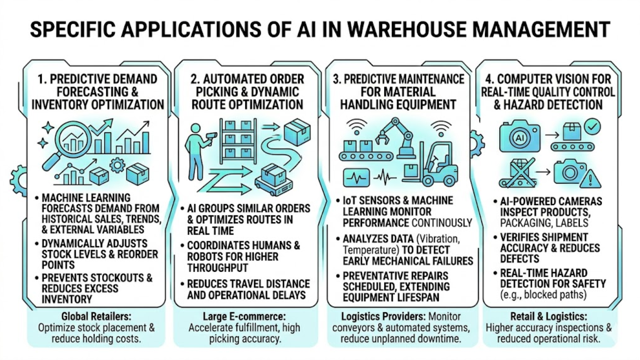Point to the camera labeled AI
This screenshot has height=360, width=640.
[x=520, y=137]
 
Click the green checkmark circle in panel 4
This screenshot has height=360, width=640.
[x=592, y=127]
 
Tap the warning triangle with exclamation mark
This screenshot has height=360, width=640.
[x=590, y=179]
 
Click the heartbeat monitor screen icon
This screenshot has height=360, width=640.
[x=356, y=177]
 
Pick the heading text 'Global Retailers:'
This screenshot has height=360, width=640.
[x=96, y=316]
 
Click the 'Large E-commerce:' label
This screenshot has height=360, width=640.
[x=244, y=316]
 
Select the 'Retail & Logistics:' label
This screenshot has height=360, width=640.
[x=549, y=316]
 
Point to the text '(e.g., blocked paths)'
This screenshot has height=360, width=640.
[x=543, y=295]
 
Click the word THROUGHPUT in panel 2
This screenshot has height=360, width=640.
[x=218, y=268]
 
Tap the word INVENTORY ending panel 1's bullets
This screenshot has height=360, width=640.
[x=67, y=299]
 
